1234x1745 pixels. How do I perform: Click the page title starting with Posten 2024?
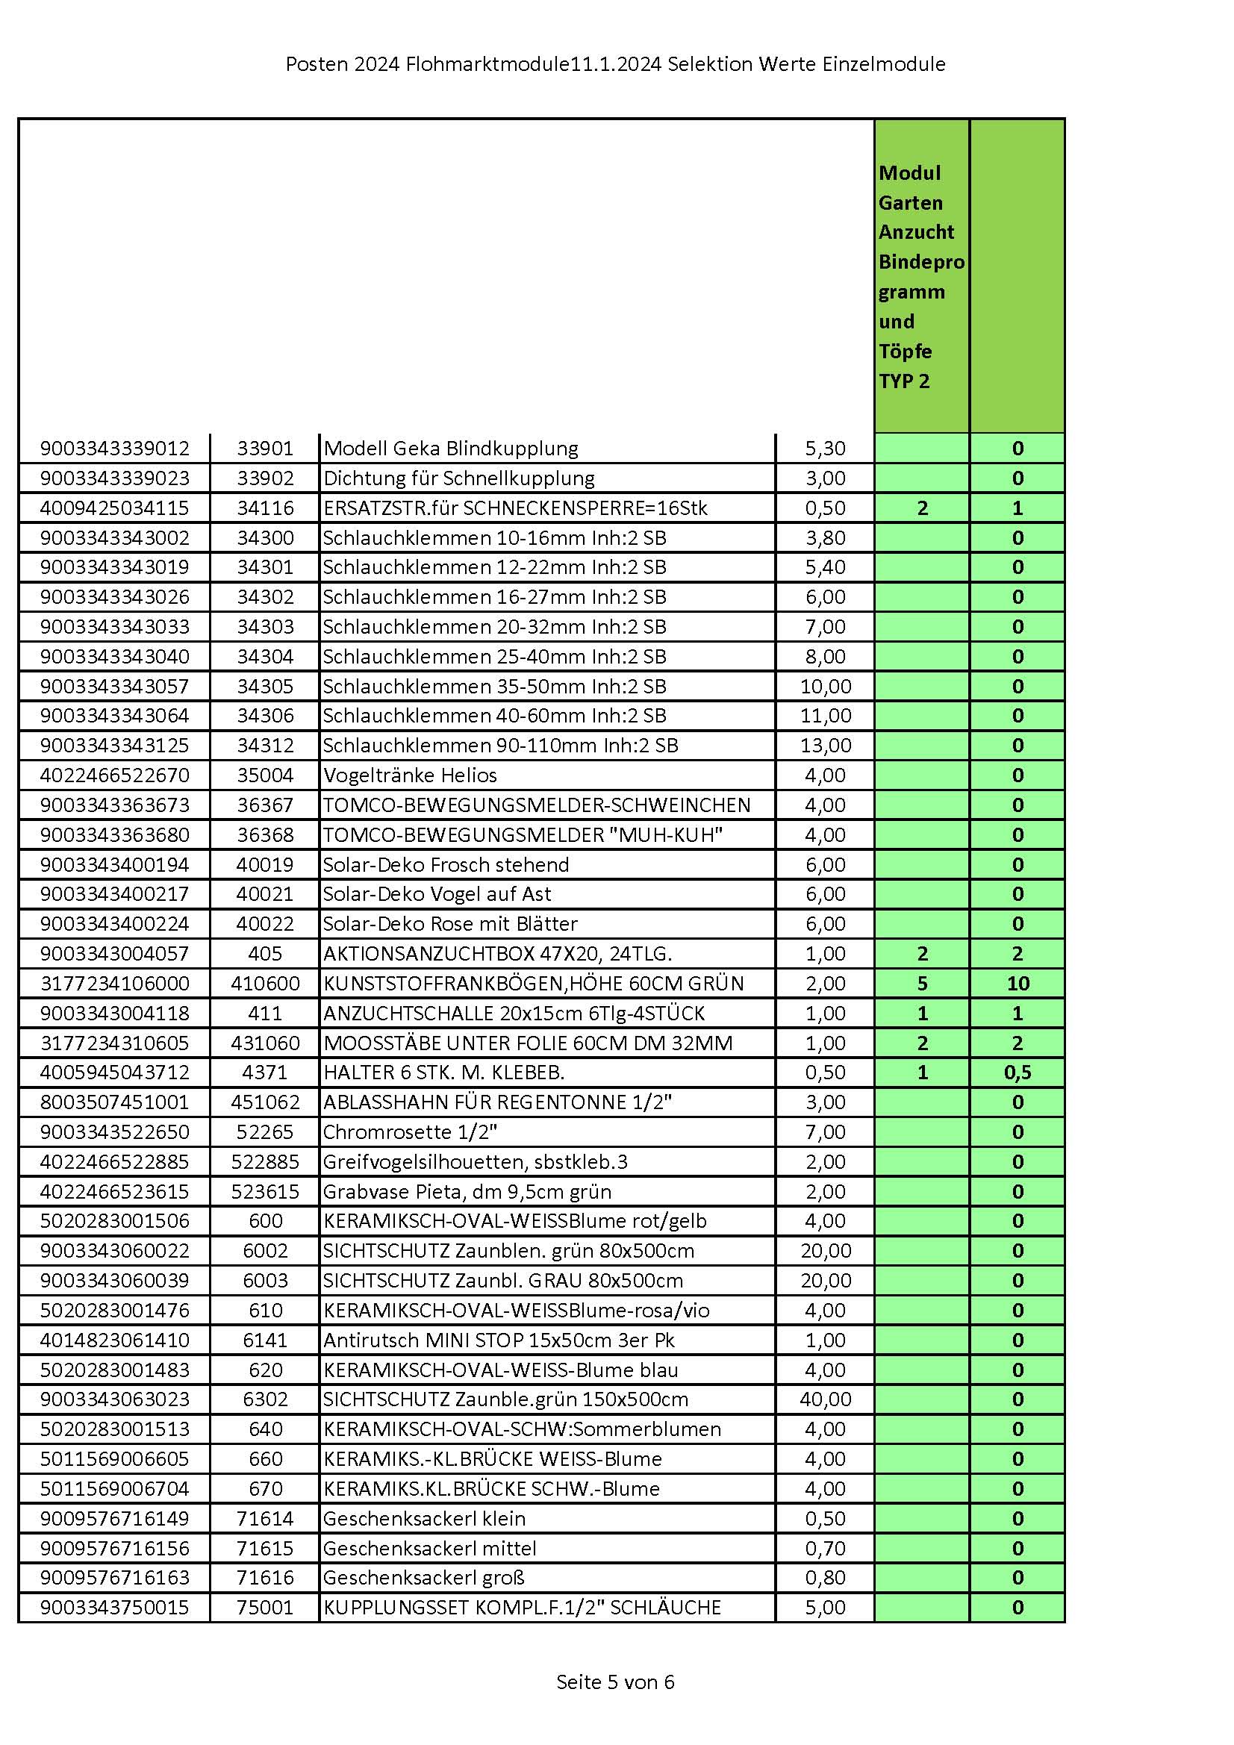[x=615, y=65]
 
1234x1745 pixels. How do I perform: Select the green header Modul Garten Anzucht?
[x=920, y=277]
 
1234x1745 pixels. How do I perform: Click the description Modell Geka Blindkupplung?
[x=451, y=449]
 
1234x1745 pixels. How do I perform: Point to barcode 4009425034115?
[x=114, y=508]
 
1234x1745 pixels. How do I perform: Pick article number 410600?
[x=265, y=984]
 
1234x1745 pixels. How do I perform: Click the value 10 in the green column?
[x=1018, y=984]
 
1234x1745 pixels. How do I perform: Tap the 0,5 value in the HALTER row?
[x=1018, y=1073]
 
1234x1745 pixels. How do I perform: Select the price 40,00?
[x=825, y=1399]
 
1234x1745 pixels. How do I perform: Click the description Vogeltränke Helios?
[x=410, y=775]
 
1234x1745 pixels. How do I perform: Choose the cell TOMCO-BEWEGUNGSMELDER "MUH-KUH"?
[x=523, y=835]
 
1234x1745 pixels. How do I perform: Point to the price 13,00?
[x=825, y=746]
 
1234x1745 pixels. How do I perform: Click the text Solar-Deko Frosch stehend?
[x=446, y=865]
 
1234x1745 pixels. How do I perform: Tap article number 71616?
[x=265, y=1578]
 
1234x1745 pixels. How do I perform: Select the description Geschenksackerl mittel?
[x=429, y=1548]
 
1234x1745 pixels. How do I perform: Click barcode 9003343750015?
[x=114, y=1608]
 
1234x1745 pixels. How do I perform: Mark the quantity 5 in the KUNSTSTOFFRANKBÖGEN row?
[x=922, y=984]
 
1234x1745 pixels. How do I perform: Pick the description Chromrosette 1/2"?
[x=410, y=1132]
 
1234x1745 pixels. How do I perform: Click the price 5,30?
[x=825, y=449]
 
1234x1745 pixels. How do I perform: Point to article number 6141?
[x=265, y=1340]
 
